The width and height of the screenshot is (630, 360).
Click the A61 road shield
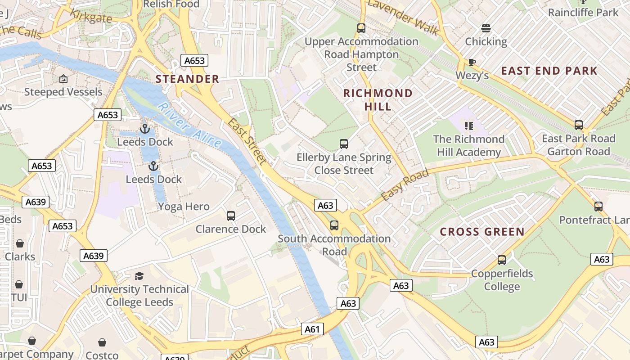[312, 329]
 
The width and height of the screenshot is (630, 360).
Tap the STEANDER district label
[187, 79]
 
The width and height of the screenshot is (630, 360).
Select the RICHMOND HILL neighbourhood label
[378, 100]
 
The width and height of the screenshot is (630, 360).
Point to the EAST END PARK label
[549, 71]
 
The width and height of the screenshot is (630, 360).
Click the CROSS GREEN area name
[482, 232]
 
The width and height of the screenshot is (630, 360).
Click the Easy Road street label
[405, 185]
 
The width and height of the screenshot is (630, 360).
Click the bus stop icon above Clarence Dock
[231, 216]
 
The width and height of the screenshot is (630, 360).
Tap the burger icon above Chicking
[486, 28]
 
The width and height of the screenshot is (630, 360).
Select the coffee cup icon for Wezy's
[472, 62]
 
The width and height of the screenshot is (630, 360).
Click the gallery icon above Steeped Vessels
[63, 79]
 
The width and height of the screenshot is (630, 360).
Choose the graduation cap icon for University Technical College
[139, 276]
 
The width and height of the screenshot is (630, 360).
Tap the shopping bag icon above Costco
[102, 342]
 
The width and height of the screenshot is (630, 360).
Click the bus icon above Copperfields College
[502, 260]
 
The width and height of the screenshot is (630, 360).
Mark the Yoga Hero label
[184, 207]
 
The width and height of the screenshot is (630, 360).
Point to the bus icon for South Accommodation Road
[334, 225]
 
